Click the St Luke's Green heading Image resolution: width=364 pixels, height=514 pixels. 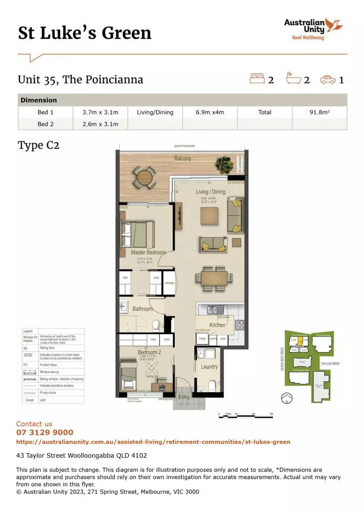[85, 33]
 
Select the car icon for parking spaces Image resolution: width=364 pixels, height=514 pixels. [328, 79]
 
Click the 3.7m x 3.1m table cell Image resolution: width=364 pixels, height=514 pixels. [101, 112]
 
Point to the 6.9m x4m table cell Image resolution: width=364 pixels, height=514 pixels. [210, 112]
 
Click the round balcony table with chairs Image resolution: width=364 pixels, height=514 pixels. [143, 178]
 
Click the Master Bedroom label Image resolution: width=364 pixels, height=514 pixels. [148, 252]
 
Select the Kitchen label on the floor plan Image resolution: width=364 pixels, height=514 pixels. [217, 325]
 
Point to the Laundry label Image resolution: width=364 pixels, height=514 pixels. [209, 366]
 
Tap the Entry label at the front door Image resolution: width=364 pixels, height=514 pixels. [184, 396]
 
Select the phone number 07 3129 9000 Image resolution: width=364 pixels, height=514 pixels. [45, 433]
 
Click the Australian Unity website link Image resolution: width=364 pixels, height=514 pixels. [153, 442]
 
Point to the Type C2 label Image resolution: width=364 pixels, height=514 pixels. [39, 145]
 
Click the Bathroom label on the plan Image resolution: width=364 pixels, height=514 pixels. [142, 309]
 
